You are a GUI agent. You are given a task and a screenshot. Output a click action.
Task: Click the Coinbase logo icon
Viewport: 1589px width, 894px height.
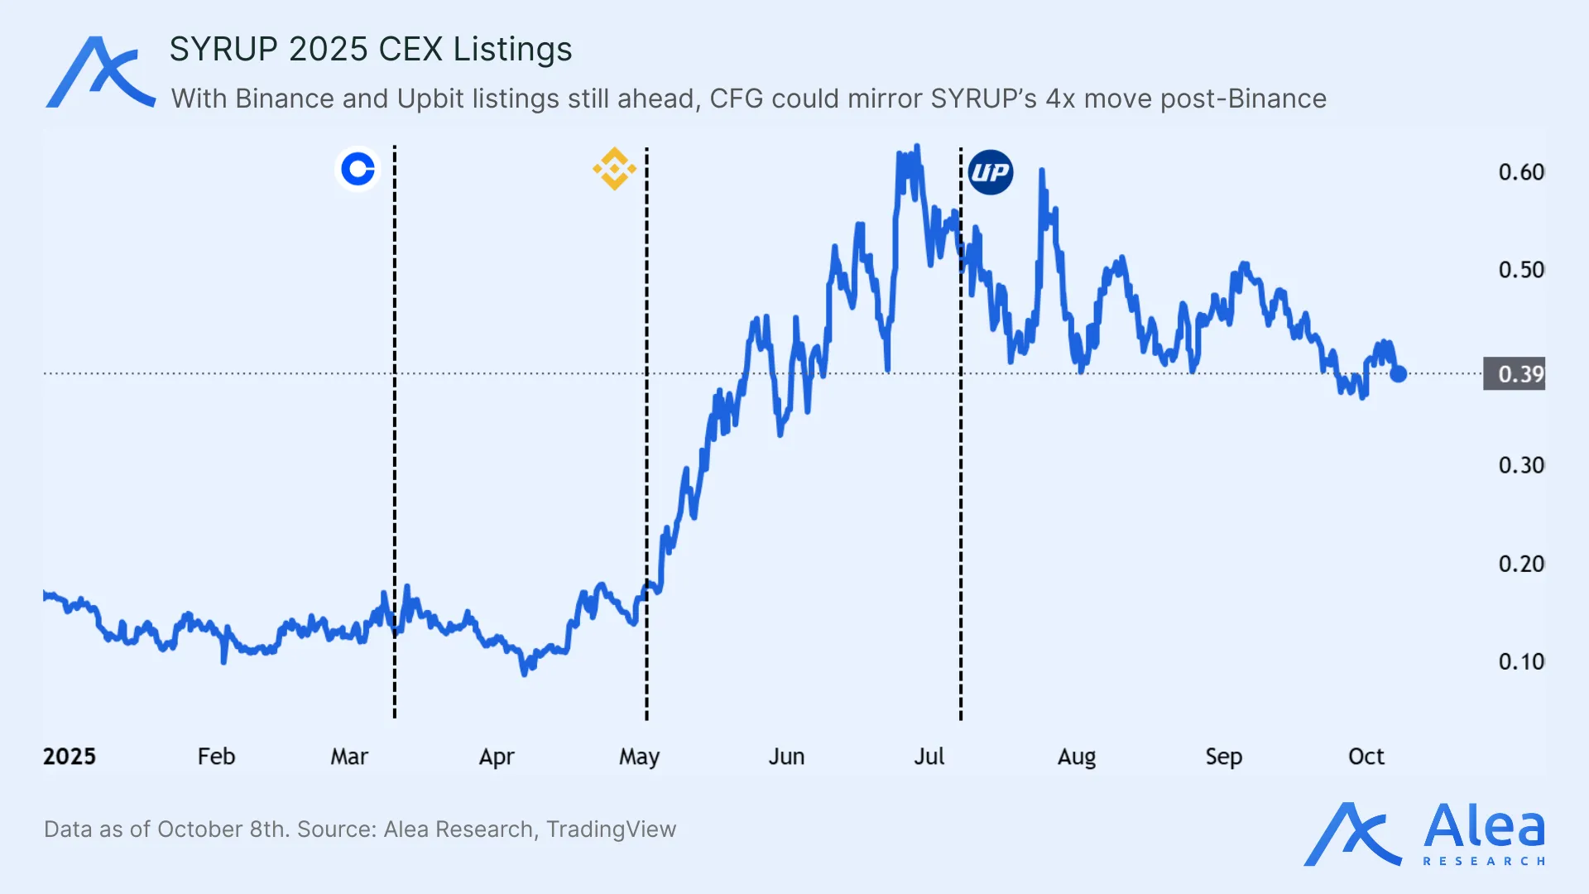coord(358,170)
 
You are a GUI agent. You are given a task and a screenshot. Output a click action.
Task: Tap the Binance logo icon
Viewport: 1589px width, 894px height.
coord(614,169)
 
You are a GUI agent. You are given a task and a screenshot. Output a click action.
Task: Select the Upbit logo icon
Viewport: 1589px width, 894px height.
coord(991,172)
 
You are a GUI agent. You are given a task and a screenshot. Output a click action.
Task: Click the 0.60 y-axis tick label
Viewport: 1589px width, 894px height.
coord(1521,172)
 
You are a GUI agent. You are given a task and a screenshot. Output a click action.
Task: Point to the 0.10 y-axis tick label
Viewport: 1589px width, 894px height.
coord(1521,661)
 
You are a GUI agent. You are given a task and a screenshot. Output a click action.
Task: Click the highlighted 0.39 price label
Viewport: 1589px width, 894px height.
coord(1515,374)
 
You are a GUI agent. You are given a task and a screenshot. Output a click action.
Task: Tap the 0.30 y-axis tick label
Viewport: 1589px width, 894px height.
coord(1521,465)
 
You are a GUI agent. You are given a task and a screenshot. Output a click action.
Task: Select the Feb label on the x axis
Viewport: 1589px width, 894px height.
coord(216,757)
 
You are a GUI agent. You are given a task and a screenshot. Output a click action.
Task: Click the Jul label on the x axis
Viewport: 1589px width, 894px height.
coord(929,757)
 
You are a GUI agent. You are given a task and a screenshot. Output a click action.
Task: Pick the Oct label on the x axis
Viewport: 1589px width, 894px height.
coord(1366,757)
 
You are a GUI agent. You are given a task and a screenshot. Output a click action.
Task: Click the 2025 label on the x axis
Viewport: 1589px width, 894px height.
coord(70,757)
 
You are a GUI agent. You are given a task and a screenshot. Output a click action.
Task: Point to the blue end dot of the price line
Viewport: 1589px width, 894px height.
coord(1399,374)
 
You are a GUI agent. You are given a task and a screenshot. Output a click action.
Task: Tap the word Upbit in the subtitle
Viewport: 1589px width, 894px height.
coord(430,99)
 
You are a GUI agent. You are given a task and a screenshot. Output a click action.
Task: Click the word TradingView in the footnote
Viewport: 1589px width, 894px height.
coord(611,829)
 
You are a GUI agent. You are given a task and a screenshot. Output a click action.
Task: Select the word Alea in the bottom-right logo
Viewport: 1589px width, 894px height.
coord(1484,826)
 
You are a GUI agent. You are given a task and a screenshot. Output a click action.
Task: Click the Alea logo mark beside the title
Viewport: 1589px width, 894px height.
coord(100,72)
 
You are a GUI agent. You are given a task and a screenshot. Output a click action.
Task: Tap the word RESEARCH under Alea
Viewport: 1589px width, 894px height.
coord(1484,862)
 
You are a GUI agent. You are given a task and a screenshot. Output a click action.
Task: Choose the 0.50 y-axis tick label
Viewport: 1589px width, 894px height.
coord(1521,270)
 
